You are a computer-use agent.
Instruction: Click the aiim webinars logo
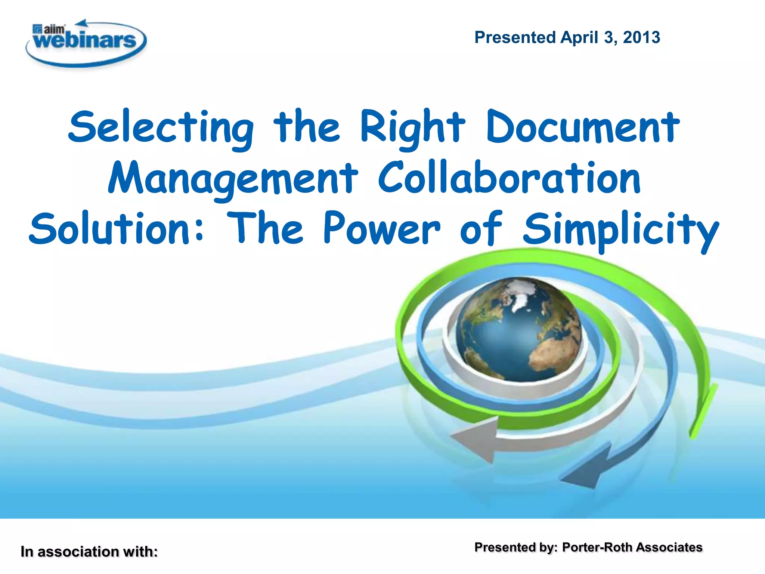click(86, 43)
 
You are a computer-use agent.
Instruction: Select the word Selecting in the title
click(161, 127)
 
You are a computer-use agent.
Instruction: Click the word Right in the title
click(412, 127)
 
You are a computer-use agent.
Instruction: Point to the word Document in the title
click(583, 127)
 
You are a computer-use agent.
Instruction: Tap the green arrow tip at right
click(702, 411)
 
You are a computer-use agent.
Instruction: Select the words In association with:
click(89, 552)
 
